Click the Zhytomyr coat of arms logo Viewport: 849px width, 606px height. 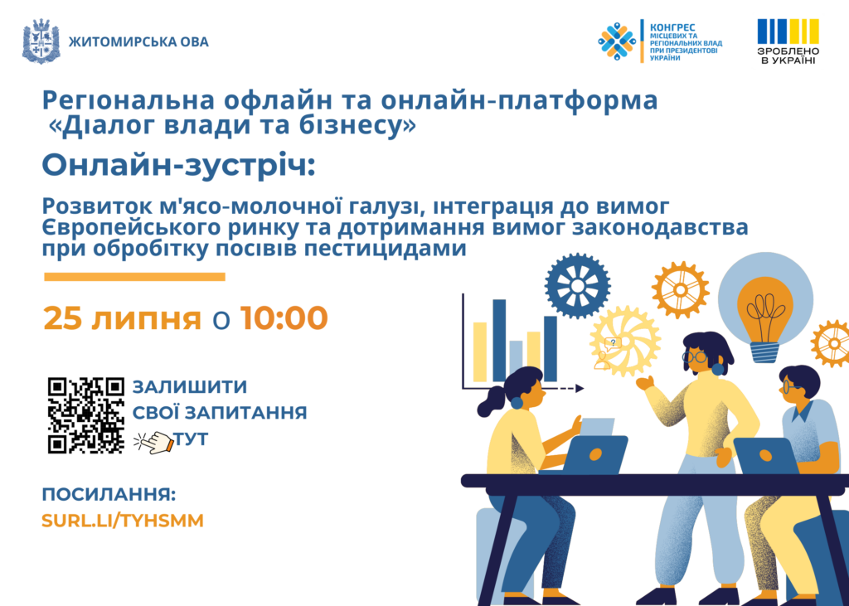tap(41, 41)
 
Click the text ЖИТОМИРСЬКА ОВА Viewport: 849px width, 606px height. tap(138, 41)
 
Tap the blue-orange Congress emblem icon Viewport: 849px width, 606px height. tap(617, 41)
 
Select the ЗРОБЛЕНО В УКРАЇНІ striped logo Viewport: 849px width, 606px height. tap(788, 41)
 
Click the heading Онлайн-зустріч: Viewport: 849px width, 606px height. tap(179, 165)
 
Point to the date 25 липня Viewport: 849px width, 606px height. tap(123, 318)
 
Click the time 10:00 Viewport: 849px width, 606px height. tap(284, 318)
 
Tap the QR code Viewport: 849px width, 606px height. tap(86, 415)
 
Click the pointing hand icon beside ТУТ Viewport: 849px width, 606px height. tap(153, 442)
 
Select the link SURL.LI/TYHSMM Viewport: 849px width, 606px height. tap(123, 521)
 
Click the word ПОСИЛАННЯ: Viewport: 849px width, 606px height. tap(109, 494)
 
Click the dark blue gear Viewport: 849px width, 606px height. tap(578, 285)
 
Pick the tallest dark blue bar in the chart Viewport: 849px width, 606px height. tap(499, 341)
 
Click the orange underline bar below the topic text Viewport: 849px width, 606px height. tap(134, 277)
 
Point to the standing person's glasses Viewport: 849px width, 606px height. tap(694, 356)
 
